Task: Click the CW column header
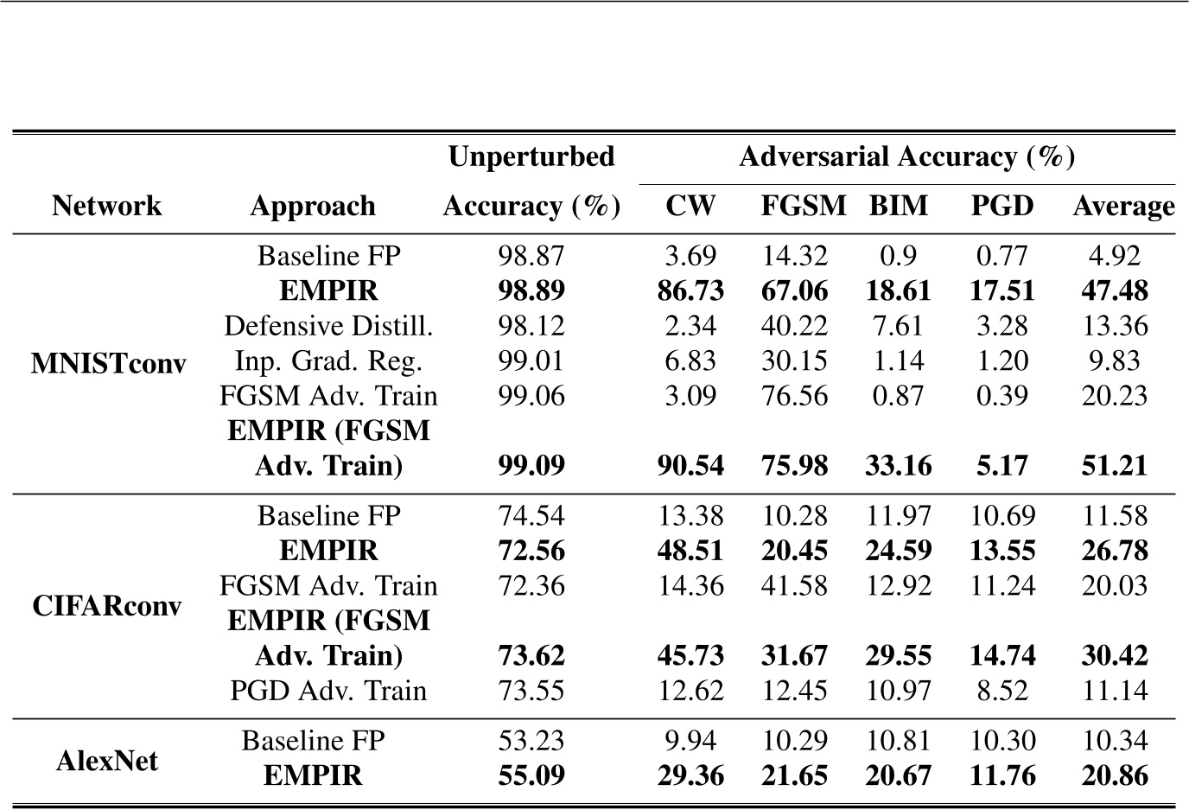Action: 690,206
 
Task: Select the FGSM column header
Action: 803,206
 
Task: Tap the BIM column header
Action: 899,206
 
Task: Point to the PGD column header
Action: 1001,206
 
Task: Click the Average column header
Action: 1122,206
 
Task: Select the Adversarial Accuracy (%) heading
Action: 906,156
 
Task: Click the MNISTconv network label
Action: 108,361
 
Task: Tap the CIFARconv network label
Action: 108,604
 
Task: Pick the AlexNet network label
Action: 108,760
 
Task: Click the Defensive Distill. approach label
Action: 328,326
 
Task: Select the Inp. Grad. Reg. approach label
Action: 328,360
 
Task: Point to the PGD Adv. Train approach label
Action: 328,691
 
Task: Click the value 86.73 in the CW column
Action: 690,291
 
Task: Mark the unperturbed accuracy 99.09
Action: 531,466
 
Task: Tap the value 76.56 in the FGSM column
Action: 794,396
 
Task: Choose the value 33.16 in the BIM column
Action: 899,466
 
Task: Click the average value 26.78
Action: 1115,551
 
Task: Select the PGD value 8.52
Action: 1002,691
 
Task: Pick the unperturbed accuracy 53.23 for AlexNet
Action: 531,741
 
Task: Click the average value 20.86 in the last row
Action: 1115,775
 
